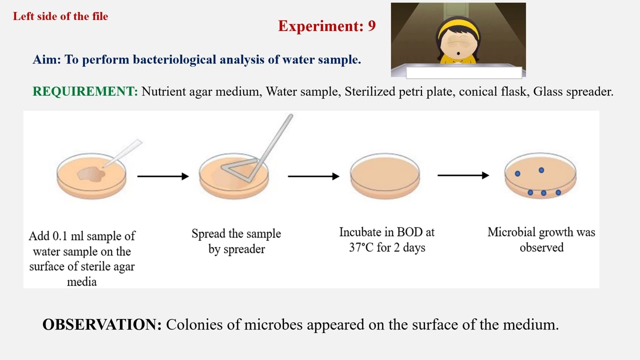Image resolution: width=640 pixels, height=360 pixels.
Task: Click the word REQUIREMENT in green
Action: pos(84,91)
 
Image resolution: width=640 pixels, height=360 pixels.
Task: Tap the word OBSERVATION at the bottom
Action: pos(102,324)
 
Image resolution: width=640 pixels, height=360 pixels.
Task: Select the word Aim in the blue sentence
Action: pos(46,59)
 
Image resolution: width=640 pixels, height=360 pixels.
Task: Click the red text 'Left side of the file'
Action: pos(60,16)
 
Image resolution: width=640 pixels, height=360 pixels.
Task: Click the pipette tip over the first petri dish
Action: pos(122,153)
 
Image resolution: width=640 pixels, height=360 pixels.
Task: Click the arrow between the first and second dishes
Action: pos(162,176)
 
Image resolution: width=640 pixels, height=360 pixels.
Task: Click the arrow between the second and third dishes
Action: pos(313,176)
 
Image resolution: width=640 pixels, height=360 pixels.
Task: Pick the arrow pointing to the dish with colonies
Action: pos(463,175)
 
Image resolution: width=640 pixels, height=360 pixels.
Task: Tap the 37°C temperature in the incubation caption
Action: pos(361,247)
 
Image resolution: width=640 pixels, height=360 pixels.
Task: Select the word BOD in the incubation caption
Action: pos(409,232)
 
